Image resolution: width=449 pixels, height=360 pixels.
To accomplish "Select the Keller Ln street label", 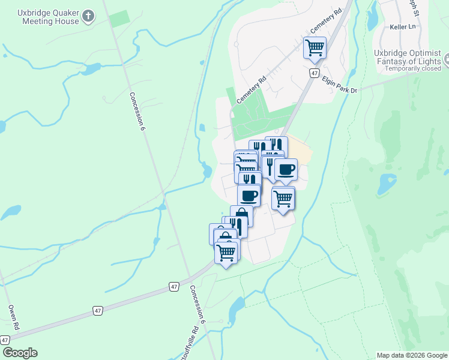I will (x=403, y=27).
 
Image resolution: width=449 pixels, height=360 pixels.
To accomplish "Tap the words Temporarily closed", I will (x=413, y=68).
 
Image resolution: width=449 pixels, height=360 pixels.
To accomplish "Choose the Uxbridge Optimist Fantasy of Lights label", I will (x=408, y=57).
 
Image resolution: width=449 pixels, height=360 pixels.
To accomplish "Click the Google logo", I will (x=20, y=353).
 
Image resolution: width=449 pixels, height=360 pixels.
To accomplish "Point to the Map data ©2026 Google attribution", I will (x=412, y=355).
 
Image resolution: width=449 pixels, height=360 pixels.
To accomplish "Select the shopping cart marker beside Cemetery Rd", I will (x=315, y=47).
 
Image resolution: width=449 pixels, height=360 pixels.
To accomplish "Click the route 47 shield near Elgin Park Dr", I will (x=314, y=73).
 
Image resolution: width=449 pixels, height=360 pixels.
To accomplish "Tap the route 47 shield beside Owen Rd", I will (x=5, y=340).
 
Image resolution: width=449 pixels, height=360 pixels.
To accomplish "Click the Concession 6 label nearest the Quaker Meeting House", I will (x=137, y=111).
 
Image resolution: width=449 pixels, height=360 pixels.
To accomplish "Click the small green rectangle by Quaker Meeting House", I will (x=119, y=18).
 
